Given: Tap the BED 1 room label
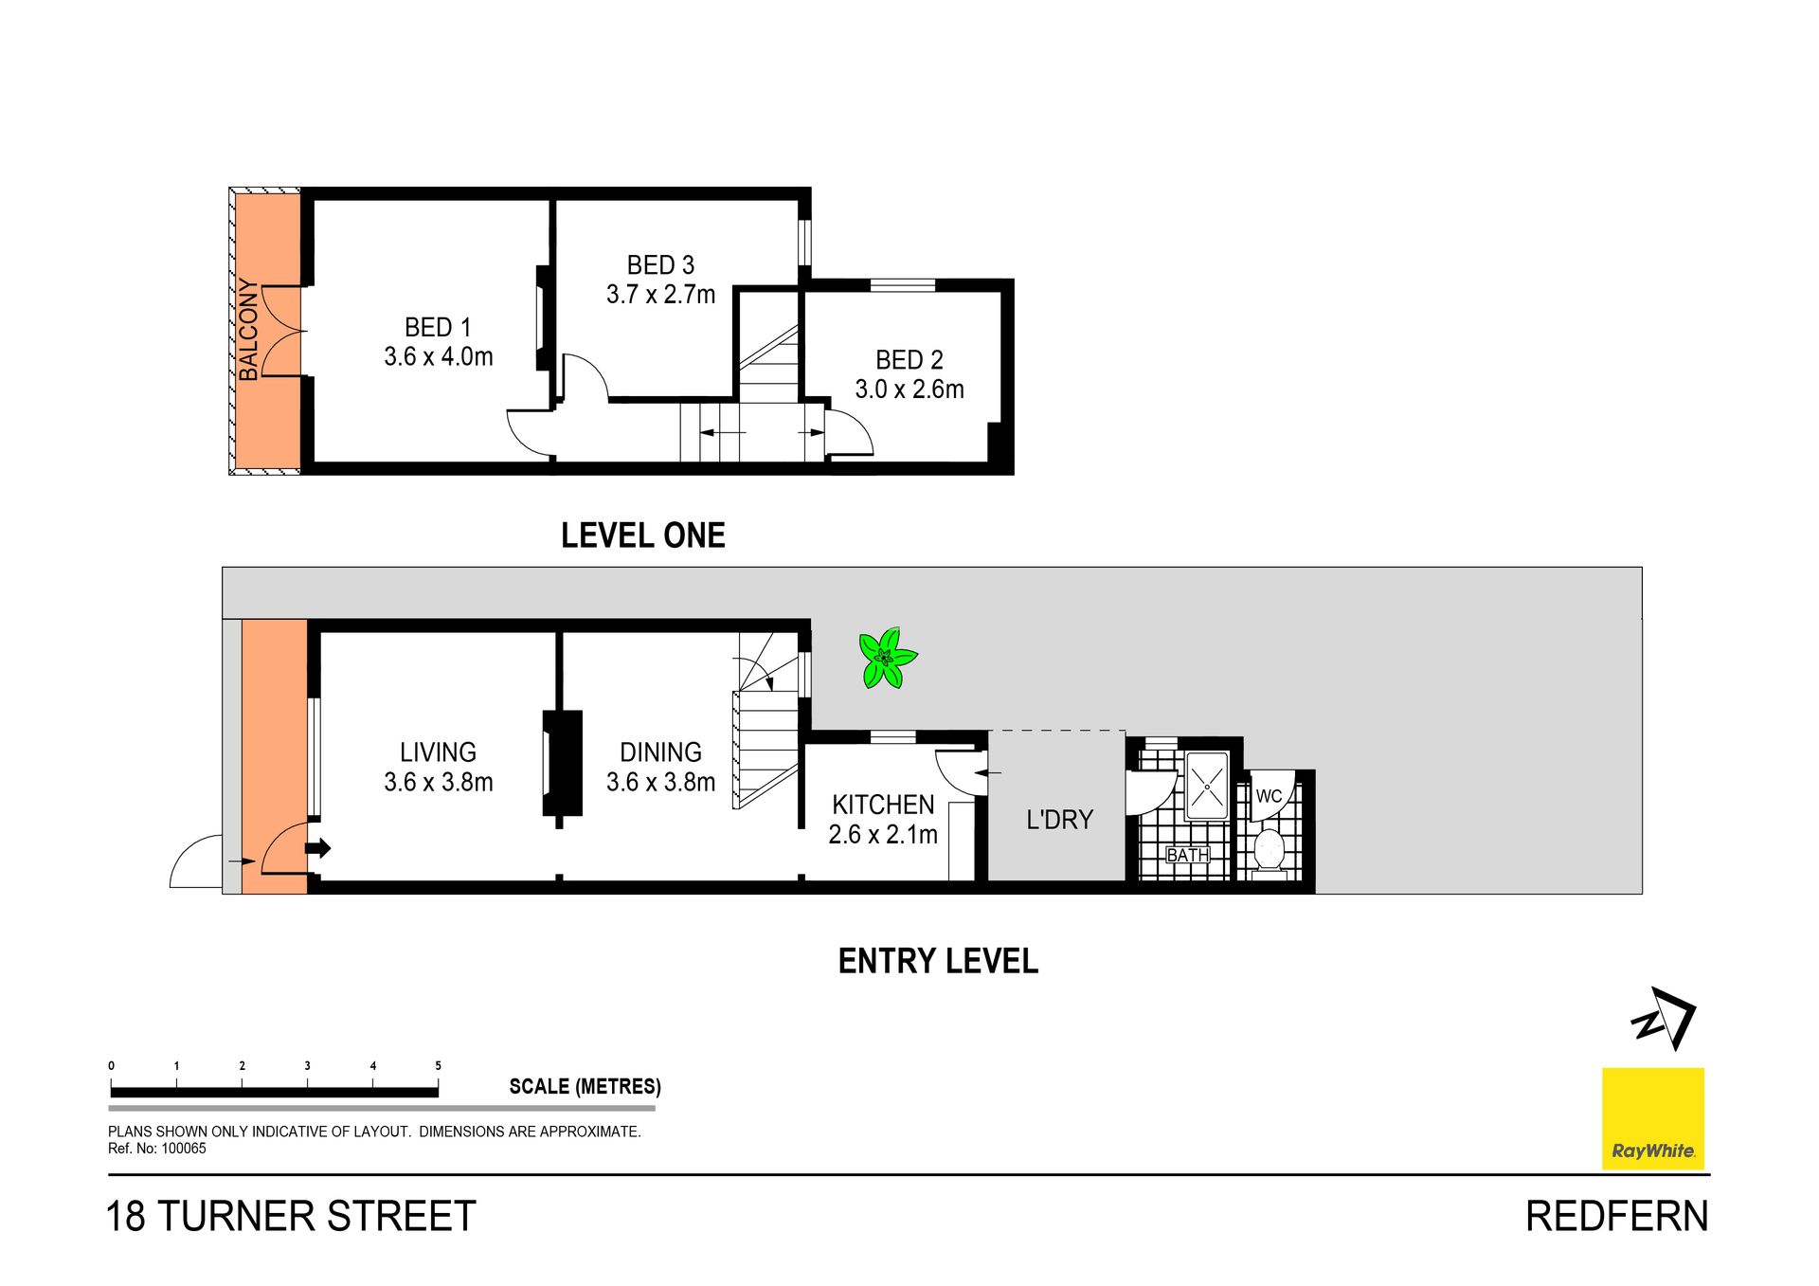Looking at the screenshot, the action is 438,327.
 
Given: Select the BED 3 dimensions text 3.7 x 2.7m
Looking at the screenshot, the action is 660,295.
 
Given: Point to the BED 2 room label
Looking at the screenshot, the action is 909,360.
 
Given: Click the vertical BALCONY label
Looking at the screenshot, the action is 248,330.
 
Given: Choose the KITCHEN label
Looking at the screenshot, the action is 883,805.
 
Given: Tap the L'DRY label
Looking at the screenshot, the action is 1059,819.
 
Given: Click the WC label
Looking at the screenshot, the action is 1269,796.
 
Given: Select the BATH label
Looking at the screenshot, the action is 1187,855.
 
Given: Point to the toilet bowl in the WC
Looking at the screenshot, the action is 1268,849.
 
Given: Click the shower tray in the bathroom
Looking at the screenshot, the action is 1207,786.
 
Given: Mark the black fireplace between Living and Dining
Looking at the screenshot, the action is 562,763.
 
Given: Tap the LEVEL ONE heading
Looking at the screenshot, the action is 643,535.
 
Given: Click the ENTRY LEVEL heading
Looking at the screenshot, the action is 938,961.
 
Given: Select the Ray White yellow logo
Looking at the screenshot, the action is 1653,1118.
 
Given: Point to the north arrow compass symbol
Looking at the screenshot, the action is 1665,1019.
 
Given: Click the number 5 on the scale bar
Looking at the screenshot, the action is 438,1065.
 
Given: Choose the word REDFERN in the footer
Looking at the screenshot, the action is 1617,1216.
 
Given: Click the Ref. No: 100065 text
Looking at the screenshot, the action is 156,1149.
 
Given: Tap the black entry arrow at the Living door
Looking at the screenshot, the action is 318,848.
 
